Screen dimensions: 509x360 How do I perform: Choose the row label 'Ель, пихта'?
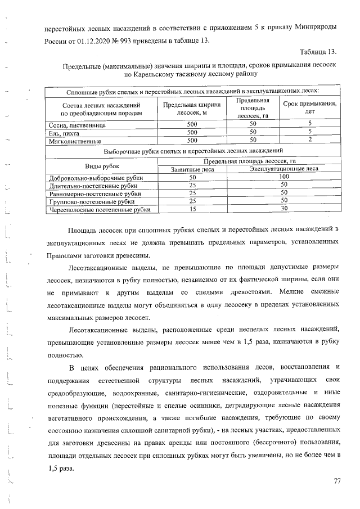click(x=64, y=133)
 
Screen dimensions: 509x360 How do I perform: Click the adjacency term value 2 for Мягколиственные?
click(x=309, y=141)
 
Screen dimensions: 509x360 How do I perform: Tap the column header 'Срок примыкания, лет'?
click(x=309, y=108)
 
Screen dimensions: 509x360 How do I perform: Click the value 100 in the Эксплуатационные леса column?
click(x=284, y=177)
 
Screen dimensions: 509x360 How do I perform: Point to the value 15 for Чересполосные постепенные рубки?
click(x=192, y=209)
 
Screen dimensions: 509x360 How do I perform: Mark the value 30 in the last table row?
click(x=284, y=209)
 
